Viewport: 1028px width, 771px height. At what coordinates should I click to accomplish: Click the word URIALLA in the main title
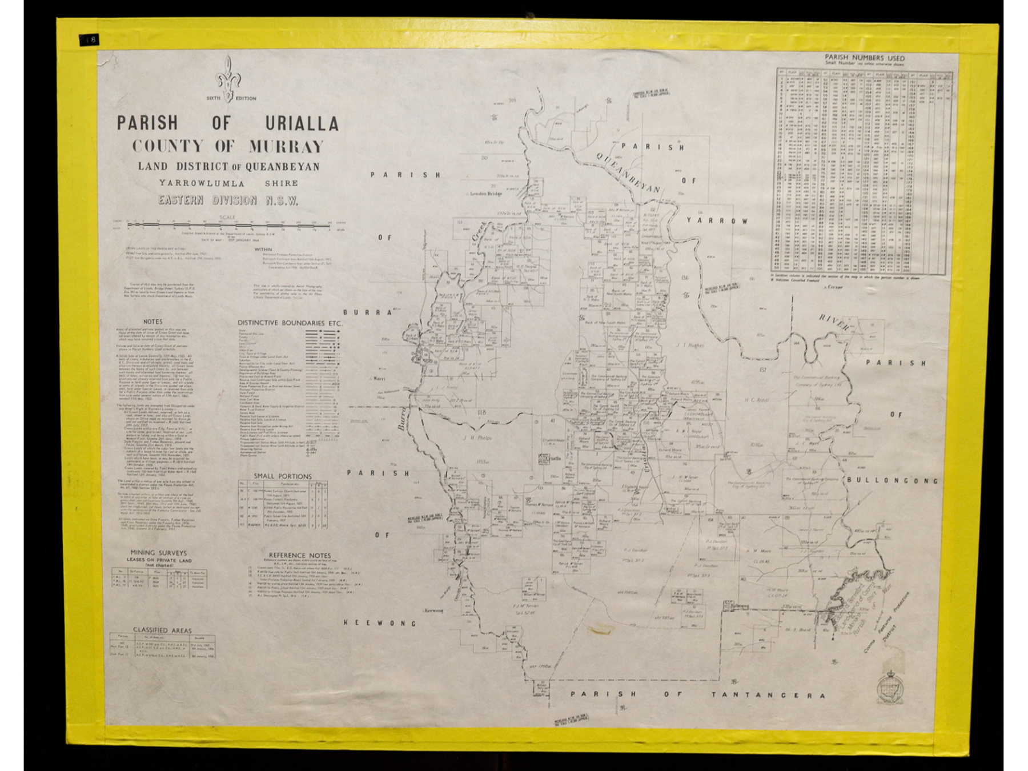pyautogui.click(x=302, y=123)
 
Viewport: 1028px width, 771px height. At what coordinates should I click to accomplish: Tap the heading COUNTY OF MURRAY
pyautogui.click(x=228, y=146)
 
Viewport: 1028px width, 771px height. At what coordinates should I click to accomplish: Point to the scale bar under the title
pyautogui.click(x=228, y=225)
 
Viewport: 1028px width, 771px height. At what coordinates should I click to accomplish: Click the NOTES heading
pyautogui.click(x=152, y=322)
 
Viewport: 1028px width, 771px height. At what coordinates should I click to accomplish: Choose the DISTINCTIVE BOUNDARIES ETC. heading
pyautogui.click(x=290, y=323)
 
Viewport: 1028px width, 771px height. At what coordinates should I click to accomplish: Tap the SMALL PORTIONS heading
pyautogui.click(x=283, y=476)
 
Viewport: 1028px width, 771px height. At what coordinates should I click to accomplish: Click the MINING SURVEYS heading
pyautogui.click(x=158, y=553)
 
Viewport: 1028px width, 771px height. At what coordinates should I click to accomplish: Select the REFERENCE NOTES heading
pyautogui.click(x=300, y=555)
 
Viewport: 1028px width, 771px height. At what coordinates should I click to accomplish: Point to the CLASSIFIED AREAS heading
pyautogui.click(x=162, y=630)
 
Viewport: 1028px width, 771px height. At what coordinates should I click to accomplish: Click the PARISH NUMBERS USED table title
pyautogui.click(x=864, y=58)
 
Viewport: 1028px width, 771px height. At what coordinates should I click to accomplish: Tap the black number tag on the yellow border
pyautogui.click(x=89, y=39)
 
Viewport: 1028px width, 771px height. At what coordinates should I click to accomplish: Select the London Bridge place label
pyautogui.click(x=485, y=194)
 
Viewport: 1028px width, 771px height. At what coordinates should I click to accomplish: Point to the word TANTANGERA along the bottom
pyautogui.click(x=768, y=695)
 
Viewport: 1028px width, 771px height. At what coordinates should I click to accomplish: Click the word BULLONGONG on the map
pyautogui.click(x=892, y=480)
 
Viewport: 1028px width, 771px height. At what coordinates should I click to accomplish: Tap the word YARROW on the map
pyautogui.click(x=717, y=220)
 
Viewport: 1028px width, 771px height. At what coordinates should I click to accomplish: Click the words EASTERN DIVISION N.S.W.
pyautogui.click(x=228, y=200)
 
